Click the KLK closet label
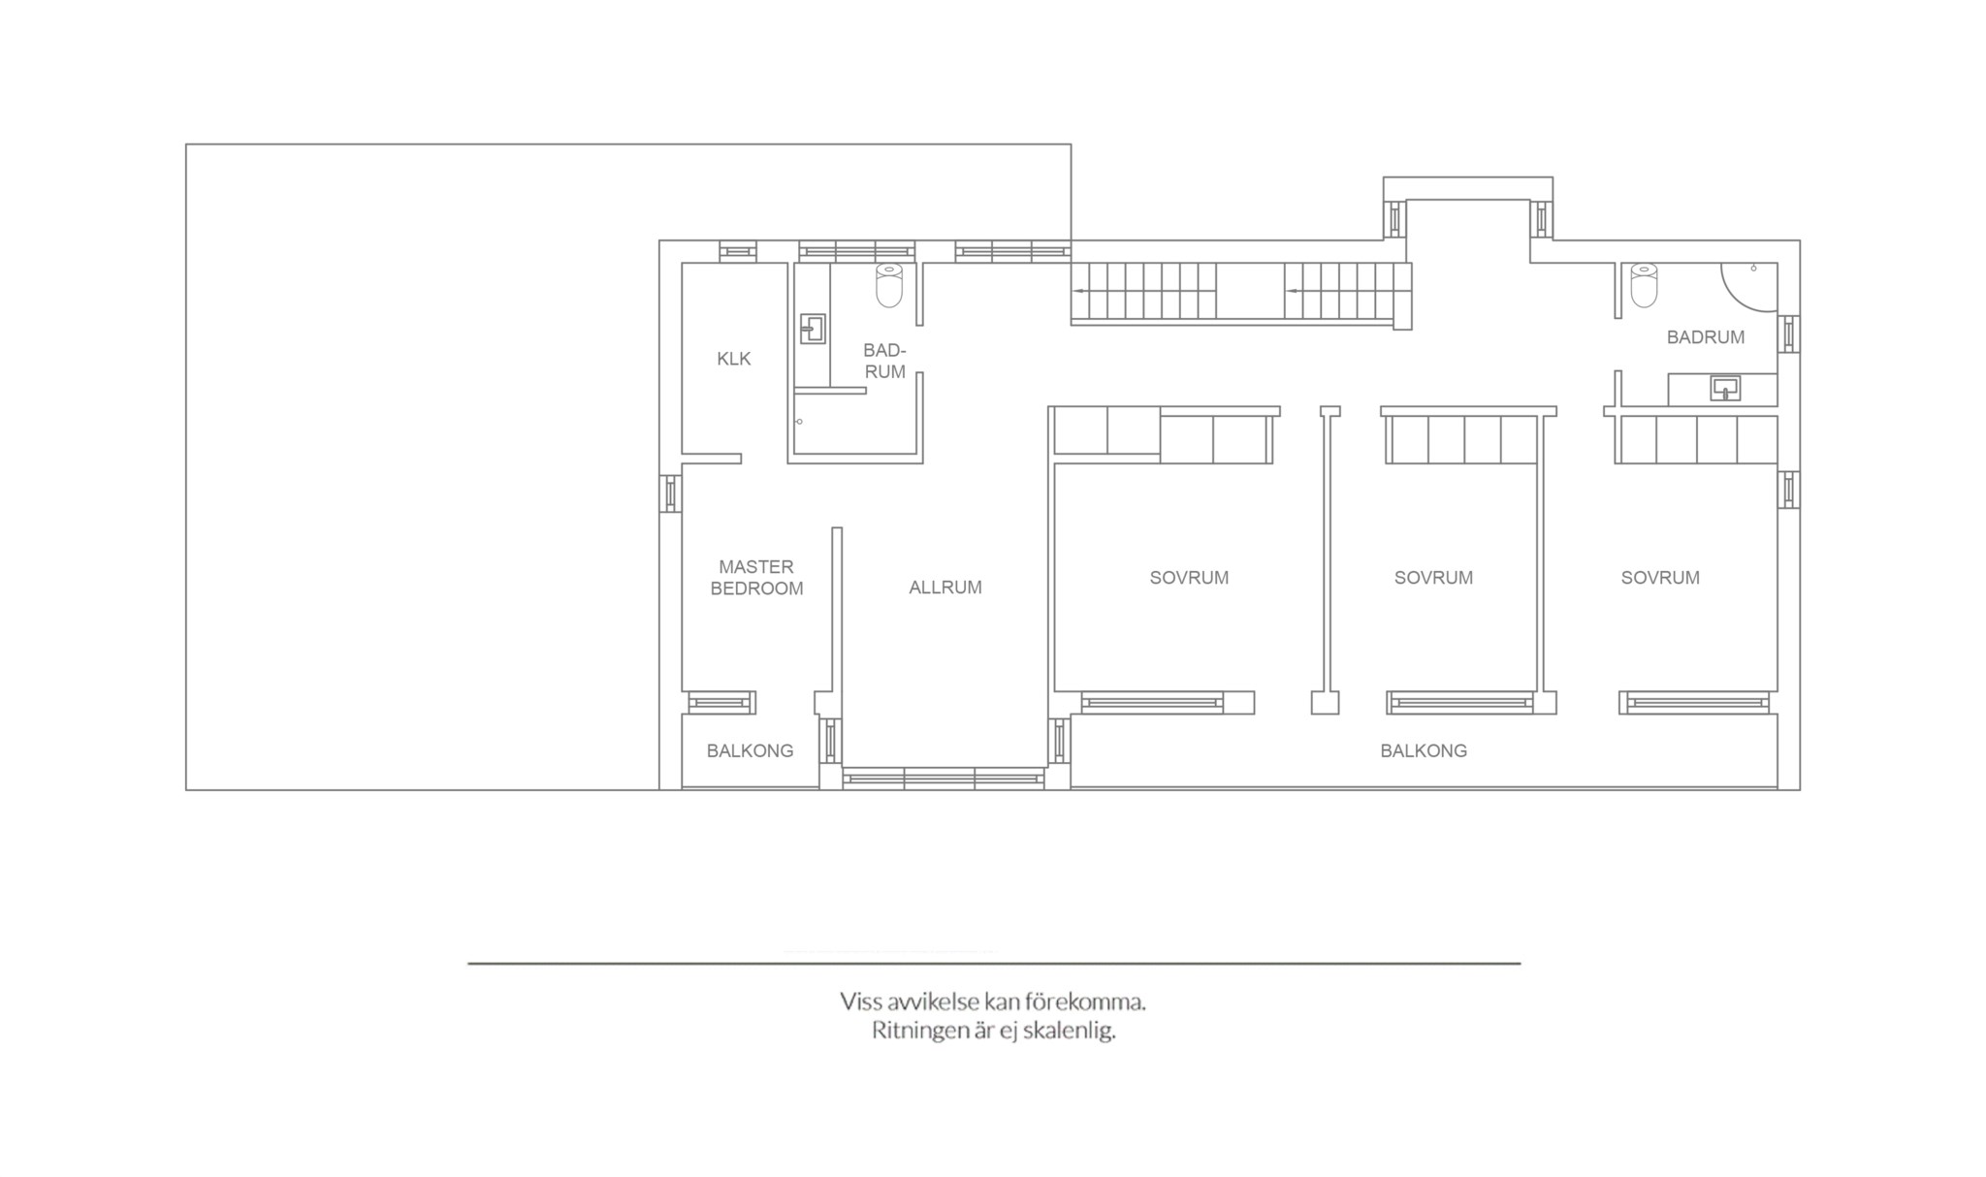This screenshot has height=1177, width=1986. (734, 359)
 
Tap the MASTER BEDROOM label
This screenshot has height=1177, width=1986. (756, 578)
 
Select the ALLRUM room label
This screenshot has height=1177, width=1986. (945, 588)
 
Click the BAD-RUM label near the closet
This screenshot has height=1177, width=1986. (884, 361)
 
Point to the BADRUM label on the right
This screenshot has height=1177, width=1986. (1706, 337)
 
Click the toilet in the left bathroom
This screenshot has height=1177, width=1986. (889, 284)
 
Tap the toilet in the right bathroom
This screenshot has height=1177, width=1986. (1644, 284)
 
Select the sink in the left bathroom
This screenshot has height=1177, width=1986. (813, 329)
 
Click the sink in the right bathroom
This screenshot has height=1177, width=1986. (1725, 389)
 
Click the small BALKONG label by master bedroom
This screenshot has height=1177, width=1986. (750, 751)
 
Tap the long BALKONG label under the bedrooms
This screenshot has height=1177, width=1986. (1424, 751)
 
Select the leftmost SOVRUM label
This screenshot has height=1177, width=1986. (1189, 578)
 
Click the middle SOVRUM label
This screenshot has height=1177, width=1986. (1433, 578)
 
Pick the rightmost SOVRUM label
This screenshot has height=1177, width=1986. (1660, 578)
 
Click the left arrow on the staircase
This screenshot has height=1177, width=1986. (1078, 290)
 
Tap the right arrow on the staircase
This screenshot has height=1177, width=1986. (1292, 290)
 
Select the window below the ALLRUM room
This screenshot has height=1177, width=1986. (944, 778)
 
